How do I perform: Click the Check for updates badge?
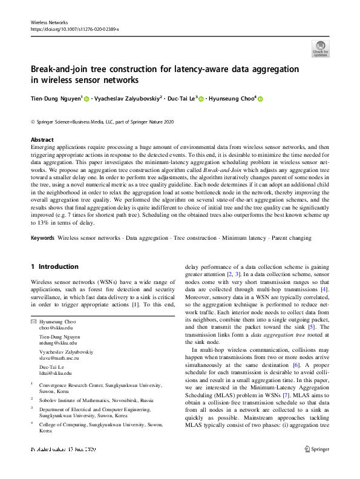click(x=319, y=48)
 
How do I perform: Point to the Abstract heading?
click(x=42, y=139)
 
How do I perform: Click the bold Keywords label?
click(x=43, y=238)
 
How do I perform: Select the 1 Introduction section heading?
click(x=54, y=266)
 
